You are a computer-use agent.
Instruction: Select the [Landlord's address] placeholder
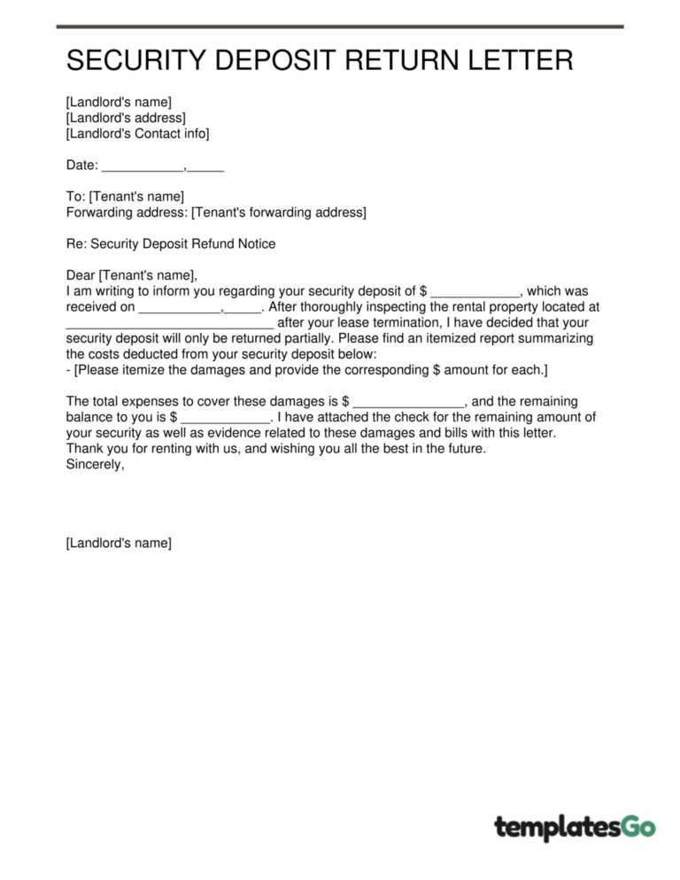tap(126, 118)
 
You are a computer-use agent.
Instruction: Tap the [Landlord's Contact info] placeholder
tap(137, 134)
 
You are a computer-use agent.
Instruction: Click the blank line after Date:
tap(142, 166)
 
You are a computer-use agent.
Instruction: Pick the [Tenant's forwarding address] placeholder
tap(278, 212)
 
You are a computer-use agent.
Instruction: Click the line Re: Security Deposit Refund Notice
tap(171, 243)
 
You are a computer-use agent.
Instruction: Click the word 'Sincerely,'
tap(96, 465)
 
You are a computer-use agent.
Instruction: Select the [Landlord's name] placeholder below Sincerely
tap(119, 543)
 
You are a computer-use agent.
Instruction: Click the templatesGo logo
tap(575, 828)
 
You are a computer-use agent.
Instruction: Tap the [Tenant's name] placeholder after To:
tap(136, 197)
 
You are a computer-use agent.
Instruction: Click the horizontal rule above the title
tap(340, 27)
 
